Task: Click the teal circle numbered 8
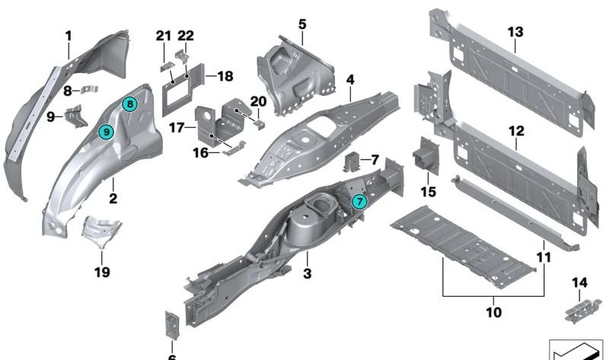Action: click(129, 104)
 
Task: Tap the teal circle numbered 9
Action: click(106, 132)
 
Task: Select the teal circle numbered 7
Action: click(359, 202)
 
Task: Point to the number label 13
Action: click(515, 32)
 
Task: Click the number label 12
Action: click(516, 131)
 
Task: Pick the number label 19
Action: click(102, 272)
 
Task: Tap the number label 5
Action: click(302, 24)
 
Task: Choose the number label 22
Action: click(186, 36)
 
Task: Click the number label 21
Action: click(164, 36)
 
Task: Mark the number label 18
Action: click(225, 76)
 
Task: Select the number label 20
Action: click(258, 101)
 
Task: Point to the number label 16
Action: click(201, 153)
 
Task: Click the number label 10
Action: click(493, 312)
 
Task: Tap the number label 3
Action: click(308, 273)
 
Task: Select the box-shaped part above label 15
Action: click(426, 155)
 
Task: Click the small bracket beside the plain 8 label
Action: click(89, 90)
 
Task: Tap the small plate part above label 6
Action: click(172, 325)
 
